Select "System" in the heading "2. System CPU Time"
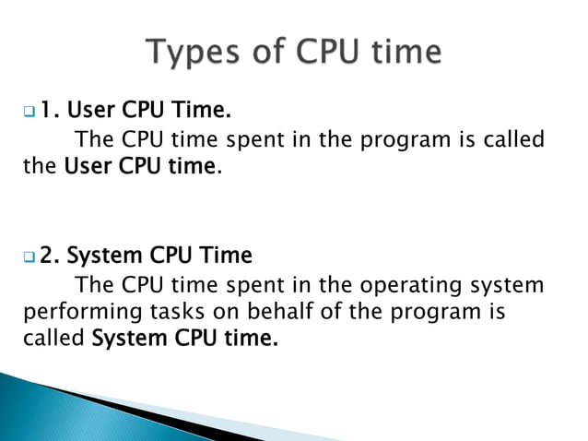(106, 255)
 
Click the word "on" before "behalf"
(227, 311)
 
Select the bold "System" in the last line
(130, 339)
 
